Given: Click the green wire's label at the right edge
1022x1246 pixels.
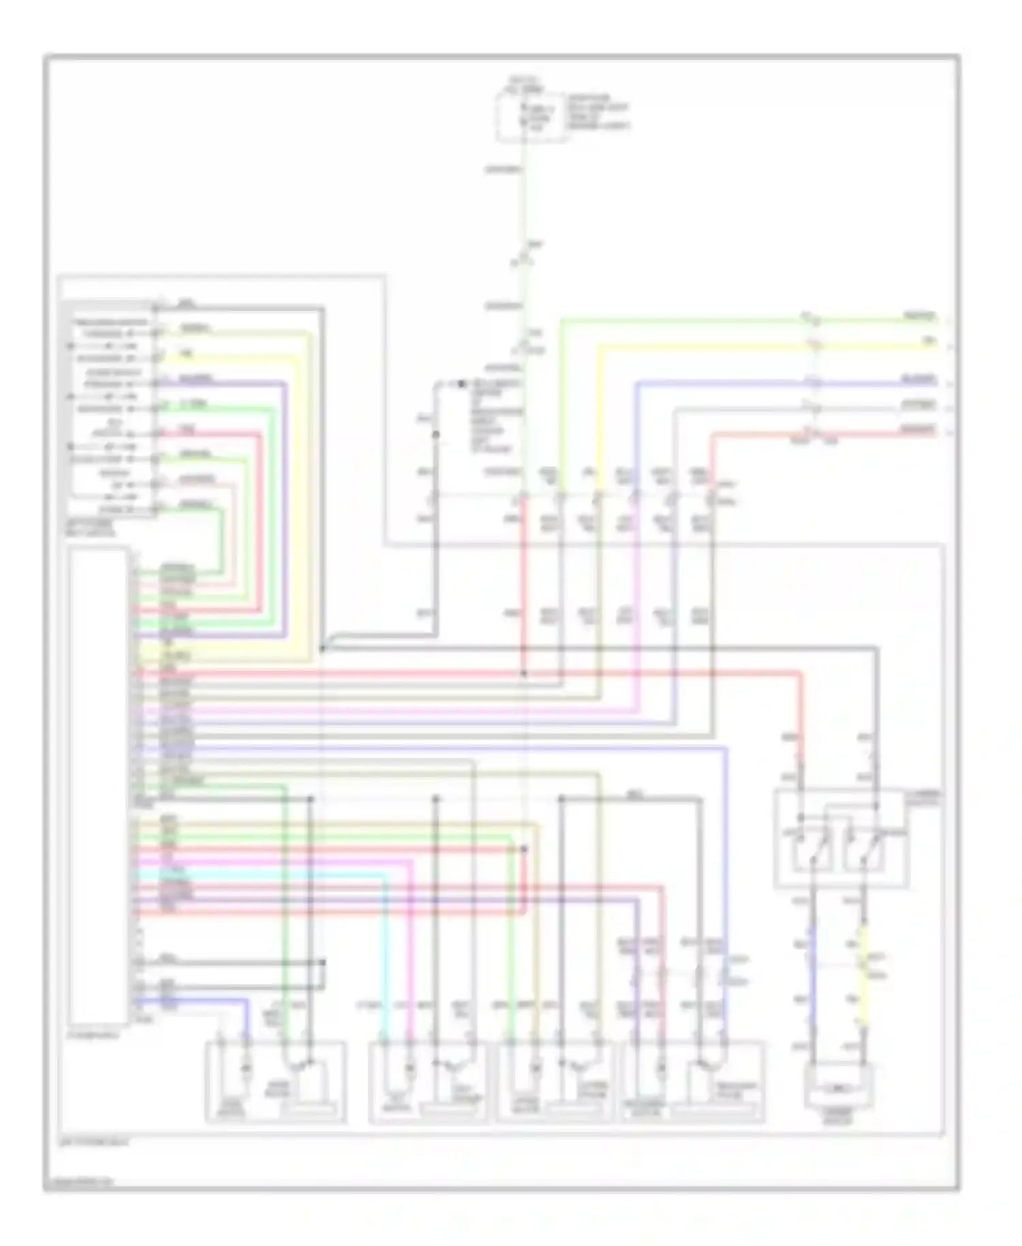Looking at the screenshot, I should (920, 316).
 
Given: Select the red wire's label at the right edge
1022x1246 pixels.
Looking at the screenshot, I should (920, 429).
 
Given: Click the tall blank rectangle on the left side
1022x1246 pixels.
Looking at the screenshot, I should (98, 786).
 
